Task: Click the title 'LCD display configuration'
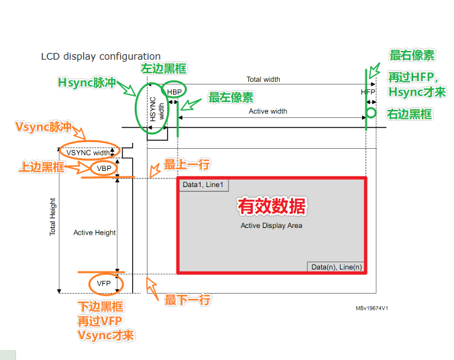pyautogui.click(x=101, y=56)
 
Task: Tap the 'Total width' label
pyautogui.click(x=263, y=79)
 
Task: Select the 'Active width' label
pyautogui.click(x=268, y=111)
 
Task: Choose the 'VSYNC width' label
pyautogui.click(x=88, y=152)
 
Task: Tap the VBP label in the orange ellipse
pyautogui.click(x=104, y=168)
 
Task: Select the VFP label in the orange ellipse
pyautogui.click(x=103, y=284)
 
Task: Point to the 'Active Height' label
pyautogui.click(x=95, y=233)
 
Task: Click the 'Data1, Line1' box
pyautogui.click(x=204, y=185)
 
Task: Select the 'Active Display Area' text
pyautogui.click(x=272, y=226)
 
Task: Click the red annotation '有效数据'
pyautogui.click(x=272, y=206)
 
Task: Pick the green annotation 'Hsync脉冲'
pyautogui.click(x=87, y=83)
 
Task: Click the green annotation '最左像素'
pyautogui.click(x=230, y=98)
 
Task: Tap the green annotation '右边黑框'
pyautogui.click(x=409, y=115)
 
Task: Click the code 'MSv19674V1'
pyautogui.click(x=372, y=308)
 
